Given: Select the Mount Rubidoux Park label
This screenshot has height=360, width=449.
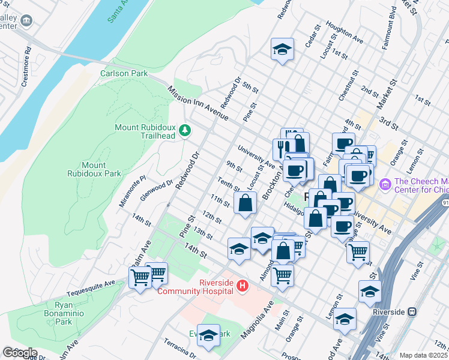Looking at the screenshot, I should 101,169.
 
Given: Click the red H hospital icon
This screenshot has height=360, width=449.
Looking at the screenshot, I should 243,286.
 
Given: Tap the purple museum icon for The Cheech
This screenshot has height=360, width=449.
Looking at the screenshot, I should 385,182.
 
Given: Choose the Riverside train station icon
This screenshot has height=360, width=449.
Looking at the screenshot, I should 412,311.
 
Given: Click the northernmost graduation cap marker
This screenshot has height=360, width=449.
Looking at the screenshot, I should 282,50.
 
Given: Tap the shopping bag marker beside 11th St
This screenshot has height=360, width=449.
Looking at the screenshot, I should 245,202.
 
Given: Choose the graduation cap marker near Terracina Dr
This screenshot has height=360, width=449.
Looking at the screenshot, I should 208,336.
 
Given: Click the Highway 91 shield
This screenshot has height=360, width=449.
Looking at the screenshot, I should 444,203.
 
